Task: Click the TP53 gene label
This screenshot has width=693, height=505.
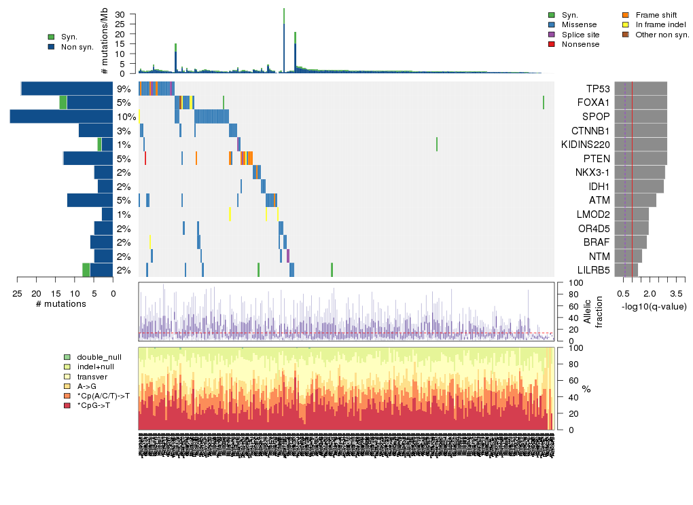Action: click(597, 89)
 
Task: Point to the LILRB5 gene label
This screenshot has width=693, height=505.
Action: click(593, 270)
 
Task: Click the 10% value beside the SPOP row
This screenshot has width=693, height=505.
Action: click(122, 117)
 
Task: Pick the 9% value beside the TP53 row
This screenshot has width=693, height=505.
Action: click(124, 89)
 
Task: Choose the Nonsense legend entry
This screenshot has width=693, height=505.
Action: click(580, 44)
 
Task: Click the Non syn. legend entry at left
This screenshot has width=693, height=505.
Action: click(76, 47)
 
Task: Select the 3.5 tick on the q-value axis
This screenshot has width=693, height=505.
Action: click(676, 293)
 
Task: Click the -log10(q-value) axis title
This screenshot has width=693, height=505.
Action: click(654, 306)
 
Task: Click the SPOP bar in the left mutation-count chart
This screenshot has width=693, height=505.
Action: click(61, 117)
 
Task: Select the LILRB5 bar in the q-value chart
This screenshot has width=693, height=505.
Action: click(626, 270)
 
